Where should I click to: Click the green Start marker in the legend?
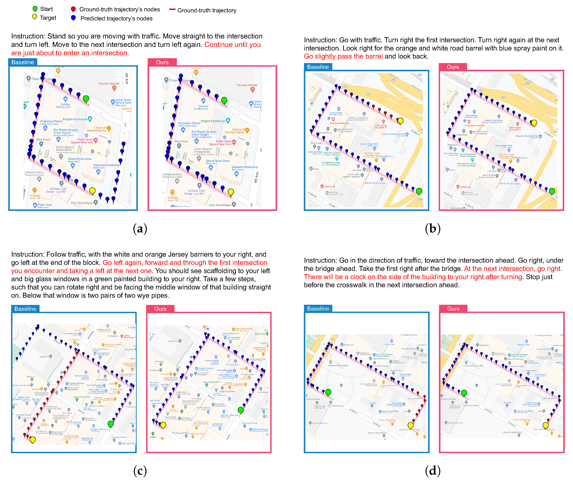point(35,9)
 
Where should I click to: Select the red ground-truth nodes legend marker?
point(73,9)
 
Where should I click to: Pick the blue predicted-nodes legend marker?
point(73,18)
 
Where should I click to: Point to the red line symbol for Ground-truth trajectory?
point(172,10)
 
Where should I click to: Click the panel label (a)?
point(140,228)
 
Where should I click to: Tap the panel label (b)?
point(433,228)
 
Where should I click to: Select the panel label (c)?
point(140,470)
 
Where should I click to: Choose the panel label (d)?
point(433,470)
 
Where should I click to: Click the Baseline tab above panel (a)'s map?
point(23,62)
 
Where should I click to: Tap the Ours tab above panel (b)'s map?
point(453,67)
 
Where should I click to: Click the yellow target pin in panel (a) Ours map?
point(231,192)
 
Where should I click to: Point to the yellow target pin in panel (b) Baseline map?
point(400,121)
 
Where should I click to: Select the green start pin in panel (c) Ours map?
point(240,410)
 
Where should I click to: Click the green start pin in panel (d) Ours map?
point(464,393)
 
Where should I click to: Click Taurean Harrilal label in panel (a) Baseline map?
point(109,83)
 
